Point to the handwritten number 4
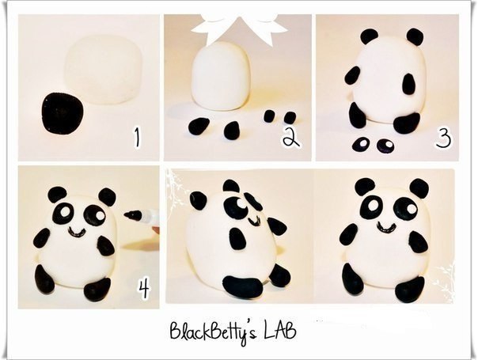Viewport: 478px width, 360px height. pyautogui.click(x=143, y=289)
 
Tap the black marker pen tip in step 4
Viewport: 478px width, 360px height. pyautogui.click(x=133, y=215)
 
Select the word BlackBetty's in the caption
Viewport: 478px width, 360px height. pyautogui.click(x=214, y=332)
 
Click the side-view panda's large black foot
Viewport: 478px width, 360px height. pyautogui.click(x=243, y=286)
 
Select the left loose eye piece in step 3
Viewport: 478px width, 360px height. pyautogui.click(x=360, y=144)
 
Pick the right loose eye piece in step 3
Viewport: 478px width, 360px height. pyautogui.click(x=385, y=146)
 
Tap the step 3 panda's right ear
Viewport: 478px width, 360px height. pyautogui.click(x=415, y=37)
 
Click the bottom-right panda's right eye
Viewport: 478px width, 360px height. pyautogui.click(x=406, y=209)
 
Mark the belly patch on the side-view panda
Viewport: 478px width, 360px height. pyautogui.click(x=237, y=238)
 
